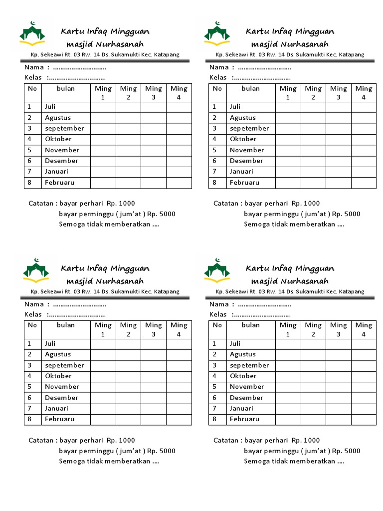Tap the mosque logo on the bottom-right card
(217, 270)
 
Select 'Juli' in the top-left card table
(50, 107)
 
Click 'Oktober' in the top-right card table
(243, 139)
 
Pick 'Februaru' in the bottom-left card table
(59, 419)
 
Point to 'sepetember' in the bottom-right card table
(249, 365)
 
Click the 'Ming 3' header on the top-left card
(154, 93)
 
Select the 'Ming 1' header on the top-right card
(288, 93)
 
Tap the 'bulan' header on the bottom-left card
(66, 325)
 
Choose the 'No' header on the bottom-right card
(217, 325)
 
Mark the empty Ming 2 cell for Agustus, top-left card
(128, 118)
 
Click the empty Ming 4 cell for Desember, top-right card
(364, 161)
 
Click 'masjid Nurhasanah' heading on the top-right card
(290, 44)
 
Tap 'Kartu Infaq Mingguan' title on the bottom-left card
(105, 268)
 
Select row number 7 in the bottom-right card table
(214, 408)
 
